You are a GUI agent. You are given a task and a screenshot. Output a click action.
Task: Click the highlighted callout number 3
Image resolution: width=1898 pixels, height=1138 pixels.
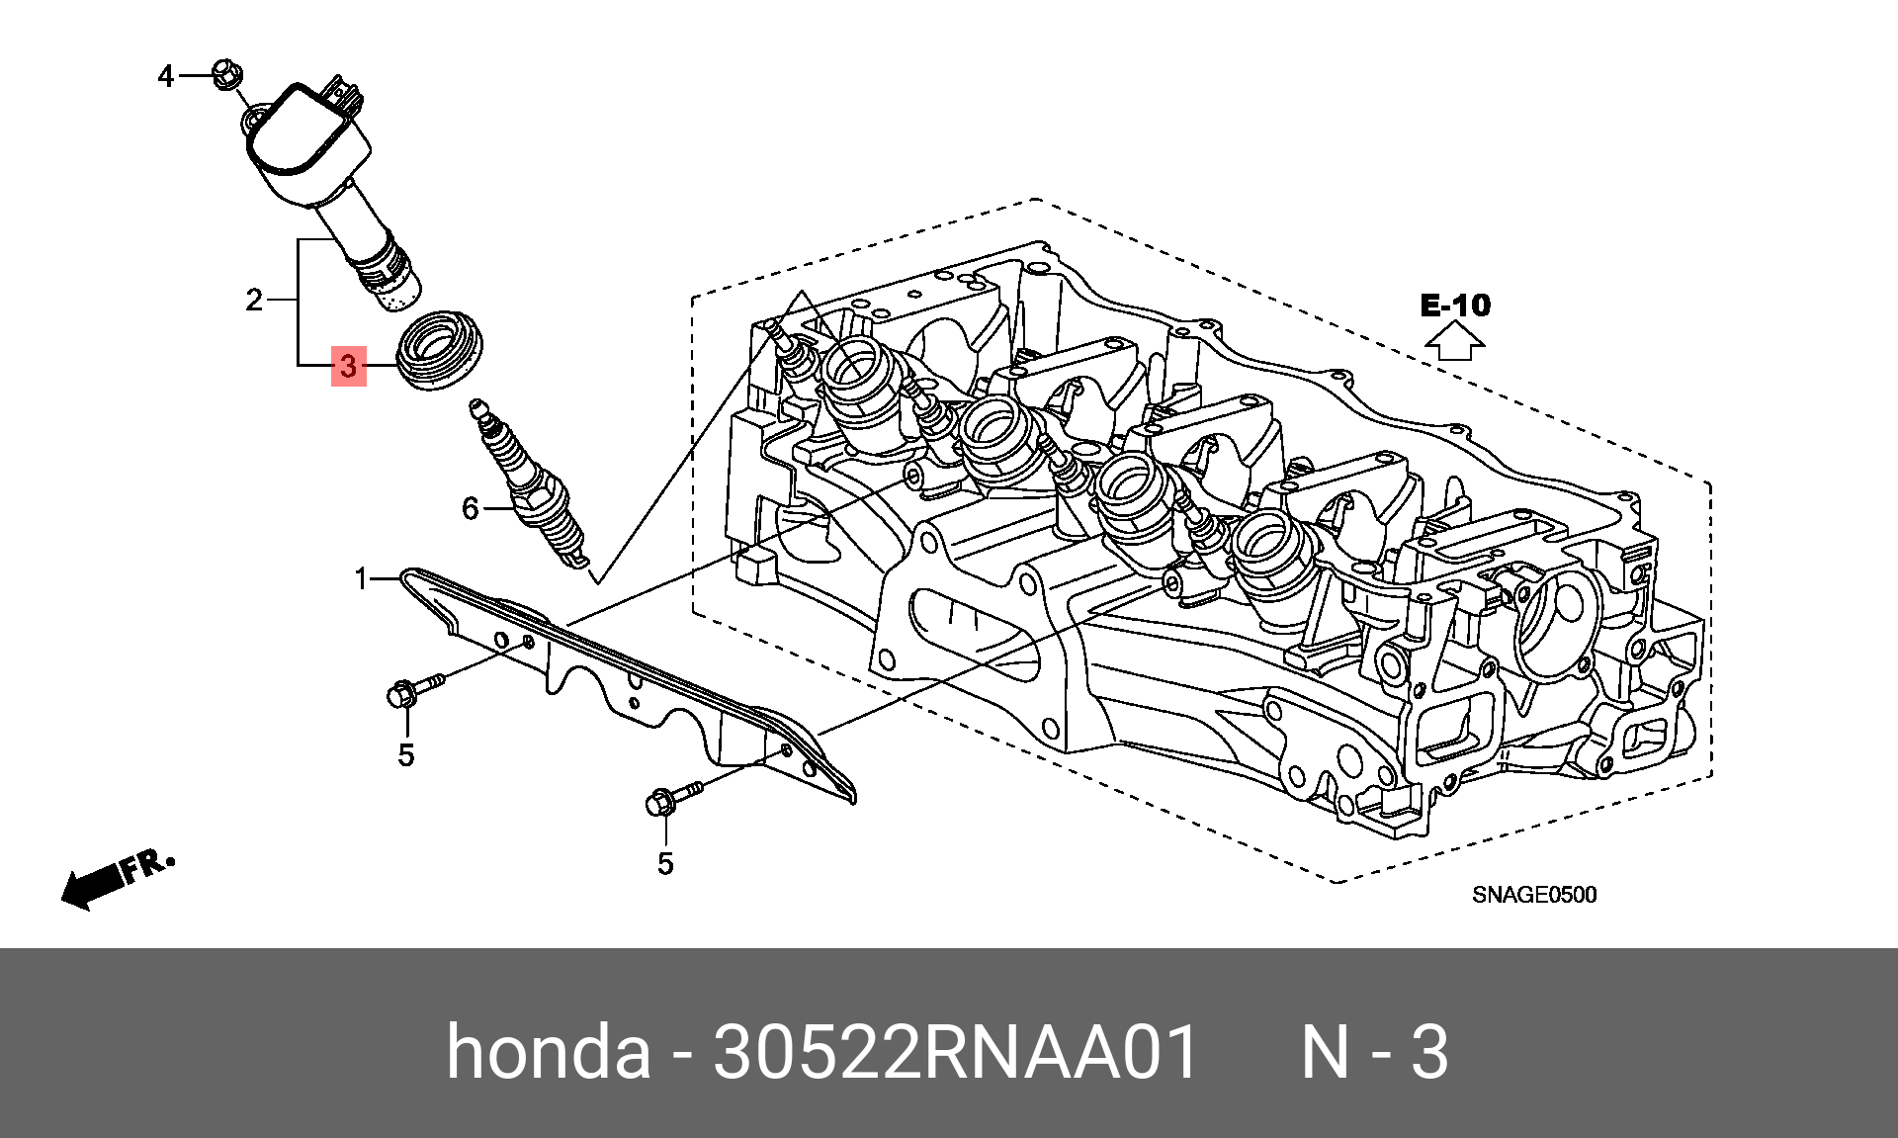pyautogui.click(x=348, y=366)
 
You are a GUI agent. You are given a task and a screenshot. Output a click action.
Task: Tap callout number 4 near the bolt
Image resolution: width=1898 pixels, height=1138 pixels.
pyautogui.click(x=166, y=76)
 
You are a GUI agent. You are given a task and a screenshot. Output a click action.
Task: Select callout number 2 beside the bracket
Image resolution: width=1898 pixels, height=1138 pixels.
pyautogui.click(x=254, y=300)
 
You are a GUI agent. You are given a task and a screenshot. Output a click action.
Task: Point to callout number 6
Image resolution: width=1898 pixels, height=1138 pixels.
pyautogui.click(x=471, y=508)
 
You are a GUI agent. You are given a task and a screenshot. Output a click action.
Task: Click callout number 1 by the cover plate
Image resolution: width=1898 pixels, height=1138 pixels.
pyautogui.click(x=362, y=577)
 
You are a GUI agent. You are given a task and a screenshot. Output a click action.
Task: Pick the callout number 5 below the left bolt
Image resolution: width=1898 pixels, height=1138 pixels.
pyautogui.click(x=406, y=755)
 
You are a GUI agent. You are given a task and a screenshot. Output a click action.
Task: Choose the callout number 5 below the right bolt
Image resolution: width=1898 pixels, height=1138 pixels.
pyautogui.click(x=665, y=863)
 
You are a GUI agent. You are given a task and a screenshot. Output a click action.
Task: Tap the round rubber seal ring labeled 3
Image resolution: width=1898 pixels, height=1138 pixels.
pyautogui.click(x=441, y=350)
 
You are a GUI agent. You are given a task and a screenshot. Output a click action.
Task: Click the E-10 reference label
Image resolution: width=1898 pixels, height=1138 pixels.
pyautogui.click(x=1455, y=306)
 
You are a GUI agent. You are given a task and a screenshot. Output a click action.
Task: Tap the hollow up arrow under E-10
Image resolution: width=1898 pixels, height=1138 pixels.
pyautogui.click(x=1454, y=342)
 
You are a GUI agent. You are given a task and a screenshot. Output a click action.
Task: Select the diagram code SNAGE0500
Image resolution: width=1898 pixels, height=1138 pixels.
pyautogui.click(x=1534, y=895)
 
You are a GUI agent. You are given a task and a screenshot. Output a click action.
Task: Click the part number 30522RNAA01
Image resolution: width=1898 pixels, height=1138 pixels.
pyautogui.click(x=955, y=1051)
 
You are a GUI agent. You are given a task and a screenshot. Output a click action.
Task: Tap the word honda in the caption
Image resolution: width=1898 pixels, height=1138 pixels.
pyautogui.click(x=549, y=1051)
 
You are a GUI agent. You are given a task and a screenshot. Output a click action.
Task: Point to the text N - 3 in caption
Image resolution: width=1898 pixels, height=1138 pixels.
pyautogui.click(x=1374, y=1051)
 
